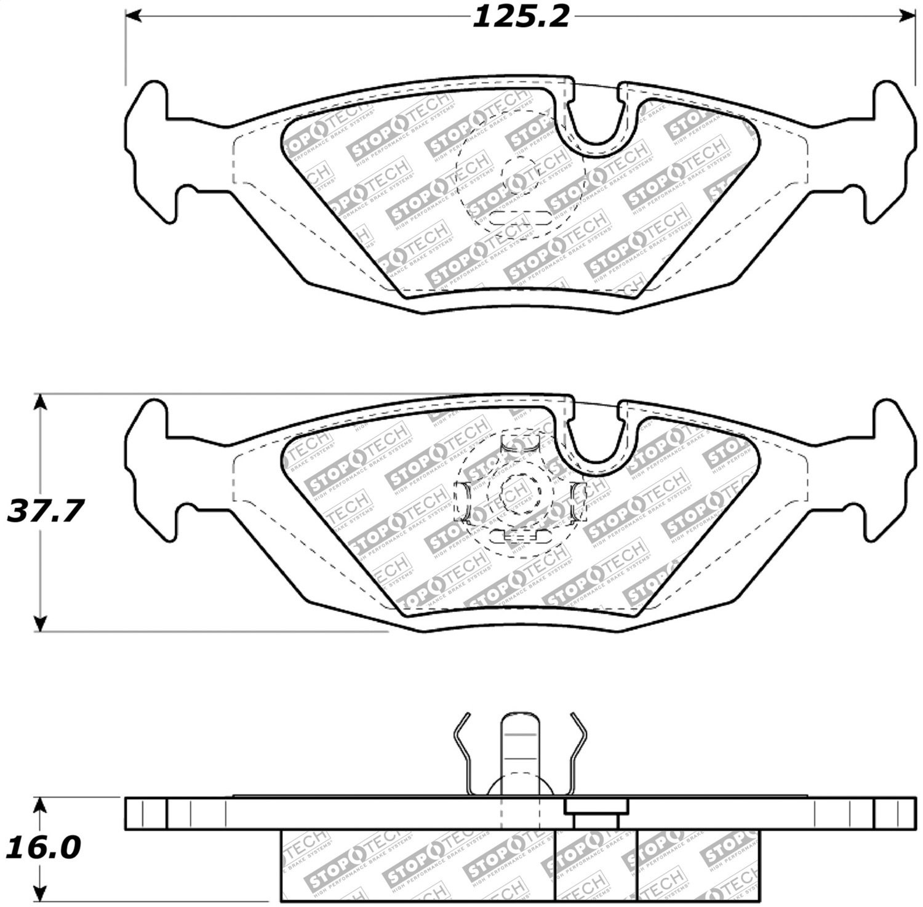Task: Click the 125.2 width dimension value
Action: coord(521,17)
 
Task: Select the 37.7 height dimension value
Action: coord(44,511)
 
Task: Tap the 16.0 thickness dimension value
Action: coord(43,848)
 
